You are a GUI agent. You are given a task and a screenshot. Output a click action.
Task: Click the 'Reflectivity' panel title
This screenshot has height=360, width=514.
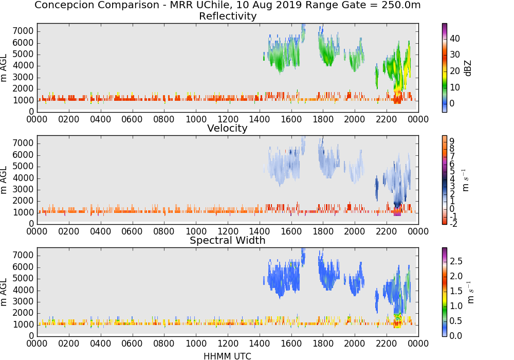click(228, 16)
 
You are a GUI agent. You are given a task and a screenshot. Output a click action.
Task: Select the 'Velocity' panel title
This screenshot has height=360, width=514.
click(227, 128)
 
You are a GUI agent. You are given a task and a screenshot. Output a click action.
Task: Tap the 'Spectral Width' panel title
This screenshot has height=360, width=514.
click(228, 240)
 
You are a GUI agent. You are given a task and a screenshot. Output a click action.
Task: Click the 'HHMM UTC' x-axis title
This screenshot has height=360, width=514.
click(227, 356)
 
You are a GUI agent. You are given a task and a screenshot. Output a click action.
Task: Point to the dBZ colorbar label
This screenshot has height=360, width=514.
click(468, 68)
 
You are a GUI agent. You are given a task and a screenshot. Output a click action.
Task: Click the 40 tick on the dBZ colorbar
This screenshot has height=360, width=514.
click(455, 39)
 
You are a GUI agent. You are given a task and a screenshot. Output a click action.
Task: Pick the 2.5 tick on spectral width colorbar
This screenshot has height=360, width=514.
click(456, 261)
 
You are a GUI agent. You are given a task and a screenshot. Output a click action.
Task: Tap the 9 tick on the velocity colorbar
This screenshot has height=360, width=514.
click(452, 141)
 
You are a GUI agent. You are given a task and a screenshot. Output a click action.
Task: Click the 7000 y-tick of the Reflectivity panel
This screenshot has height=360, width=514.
click(23, 31)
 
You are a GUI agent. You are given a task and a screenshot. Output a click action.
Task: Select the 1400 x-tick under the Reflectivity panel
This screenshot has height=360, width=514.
click(259, 119)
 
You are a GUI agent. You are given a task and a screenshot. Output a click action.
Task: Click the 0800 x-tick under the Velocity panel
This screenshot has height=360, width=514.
click(164, 231)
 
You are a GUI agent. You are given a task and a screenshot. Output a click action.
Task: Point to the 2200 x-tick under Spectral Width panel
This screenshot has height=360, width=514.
click(386, 343)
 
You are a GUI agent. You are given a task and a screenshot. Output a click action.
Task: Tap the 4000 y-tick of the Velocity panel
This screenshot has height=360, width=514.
click(23, 178)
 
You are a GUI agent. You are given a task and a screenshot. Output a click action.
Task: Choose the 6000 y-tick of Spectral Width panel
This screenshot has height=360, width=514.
click(23, 267)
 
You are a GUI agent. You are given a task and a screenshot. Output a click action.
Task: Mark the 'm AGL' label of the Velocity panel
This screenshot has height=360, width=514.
click(4, 180)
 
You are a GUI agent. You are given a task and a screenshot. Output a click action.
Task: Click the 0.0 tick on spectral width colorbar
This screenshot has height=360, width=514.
click(456, 336)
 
